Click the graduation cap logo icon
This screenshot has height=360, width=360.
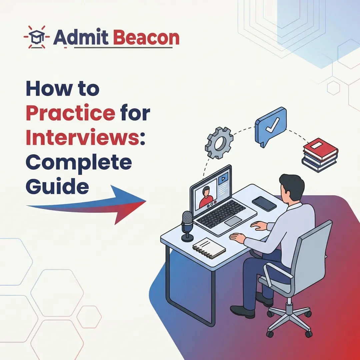pyautogui.click(x=37, y=37)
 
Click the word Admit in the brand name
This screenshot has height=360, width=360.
pyautogui.click(x=80, y=38)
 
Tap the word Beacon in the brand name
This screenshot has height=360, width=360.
pyautogui.click(x=146, y=38)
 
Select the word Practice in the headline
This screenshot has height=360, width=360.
pyautogui.click(x=70, y=113)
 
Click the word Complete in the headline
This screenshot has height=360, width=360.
pyautogui.click(x=79, y=163)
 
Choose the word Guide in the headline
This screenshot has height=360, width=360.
pyautogui.click(x=57, y=187)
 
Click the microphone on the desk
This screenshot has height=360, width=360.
pyautogui.click(x=187, y=225)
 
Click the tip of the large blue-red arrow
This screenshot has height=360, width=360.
pyautogui.click(x=145, y=201)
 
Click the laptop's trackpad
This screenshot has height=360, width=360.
pyautogui.click(x=233, y=221)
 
